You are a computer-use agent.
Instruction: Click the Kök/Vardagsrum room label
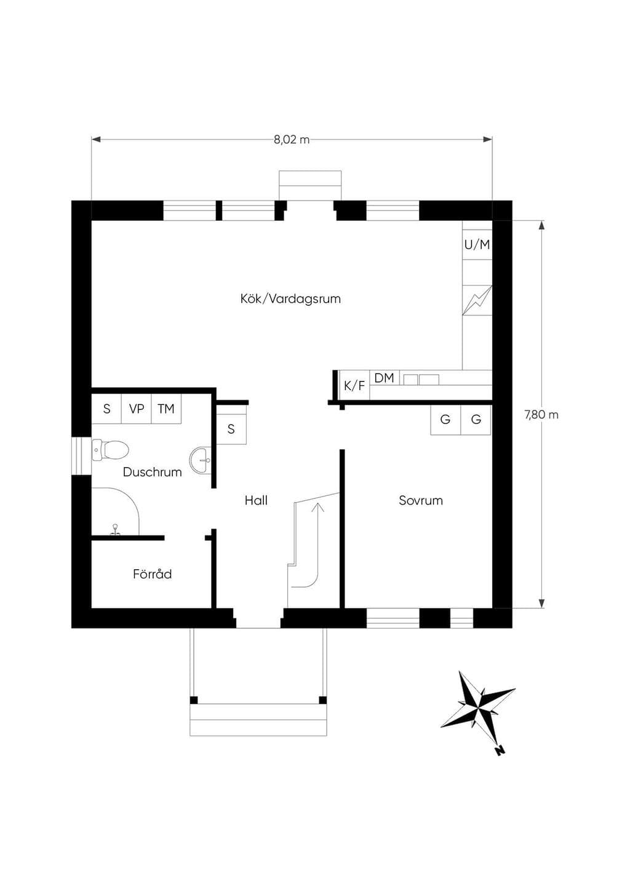click(x=290, y=298)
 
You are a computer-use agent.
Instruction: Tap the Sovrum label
click(x=421, y=500)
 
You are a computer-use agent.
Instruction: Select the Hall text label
click(x=256, y=500)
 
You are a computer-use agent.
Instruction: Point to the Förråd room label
click(x=153, y=573)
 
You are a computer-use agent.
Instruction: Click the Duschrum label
click(x=153, y=472)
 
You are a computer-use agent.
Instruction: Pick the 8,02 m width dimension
click(x=292, y=140)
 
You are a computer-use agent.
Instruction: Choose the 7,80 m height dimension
click(x=541, y=415)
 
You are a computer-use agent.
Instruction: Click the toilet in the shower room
click(x=110, y=450)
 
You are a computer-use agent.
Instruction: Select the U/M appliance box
click(x=477, y=245)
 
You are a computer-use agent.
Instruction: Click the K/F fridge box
click(x=354, y=385)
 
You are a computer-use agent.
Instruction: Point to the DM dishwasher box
click(x=384, y=378)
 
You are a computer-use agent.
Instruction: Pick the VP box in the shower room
click(x=137, y=409)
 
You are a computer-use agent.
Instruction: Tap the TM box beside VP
click(x=166, y=409)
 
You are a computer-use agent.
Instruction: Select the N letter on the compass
click(x=500, y=751)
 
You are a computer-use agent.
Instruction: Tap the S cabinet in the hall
click(x=231, y=429)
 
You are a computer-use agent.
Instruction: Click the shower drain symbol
click(x=115, y=530)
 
